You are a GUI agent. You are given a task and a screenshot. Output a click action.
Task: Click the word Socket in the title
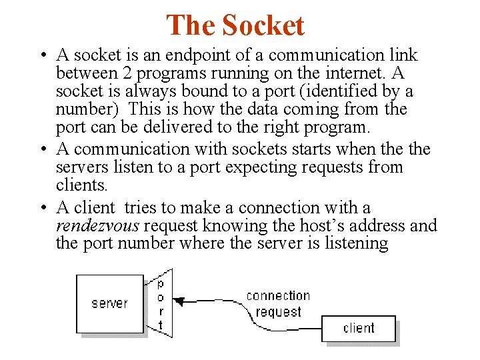(263, 25)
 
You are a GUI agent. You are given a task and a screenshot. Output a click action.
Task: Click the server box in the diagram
(110, 303)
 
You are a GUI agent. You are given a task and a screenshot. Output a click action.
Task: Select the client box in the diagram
(359, 328)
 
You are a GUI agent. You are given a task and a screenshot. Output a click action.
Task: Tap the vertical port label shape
(160, 304)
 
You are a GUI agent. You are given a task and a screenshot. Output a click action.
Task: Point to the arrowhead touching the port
(178, 301)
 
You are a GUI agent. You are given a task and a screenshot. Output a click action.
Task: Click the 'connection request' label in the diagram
(278, 303)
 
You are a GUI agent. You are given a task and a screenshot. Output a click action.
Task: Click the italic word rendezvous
(96, 226)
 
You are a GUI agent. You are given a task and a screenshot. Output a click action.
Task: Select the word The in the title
(190, 25)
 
